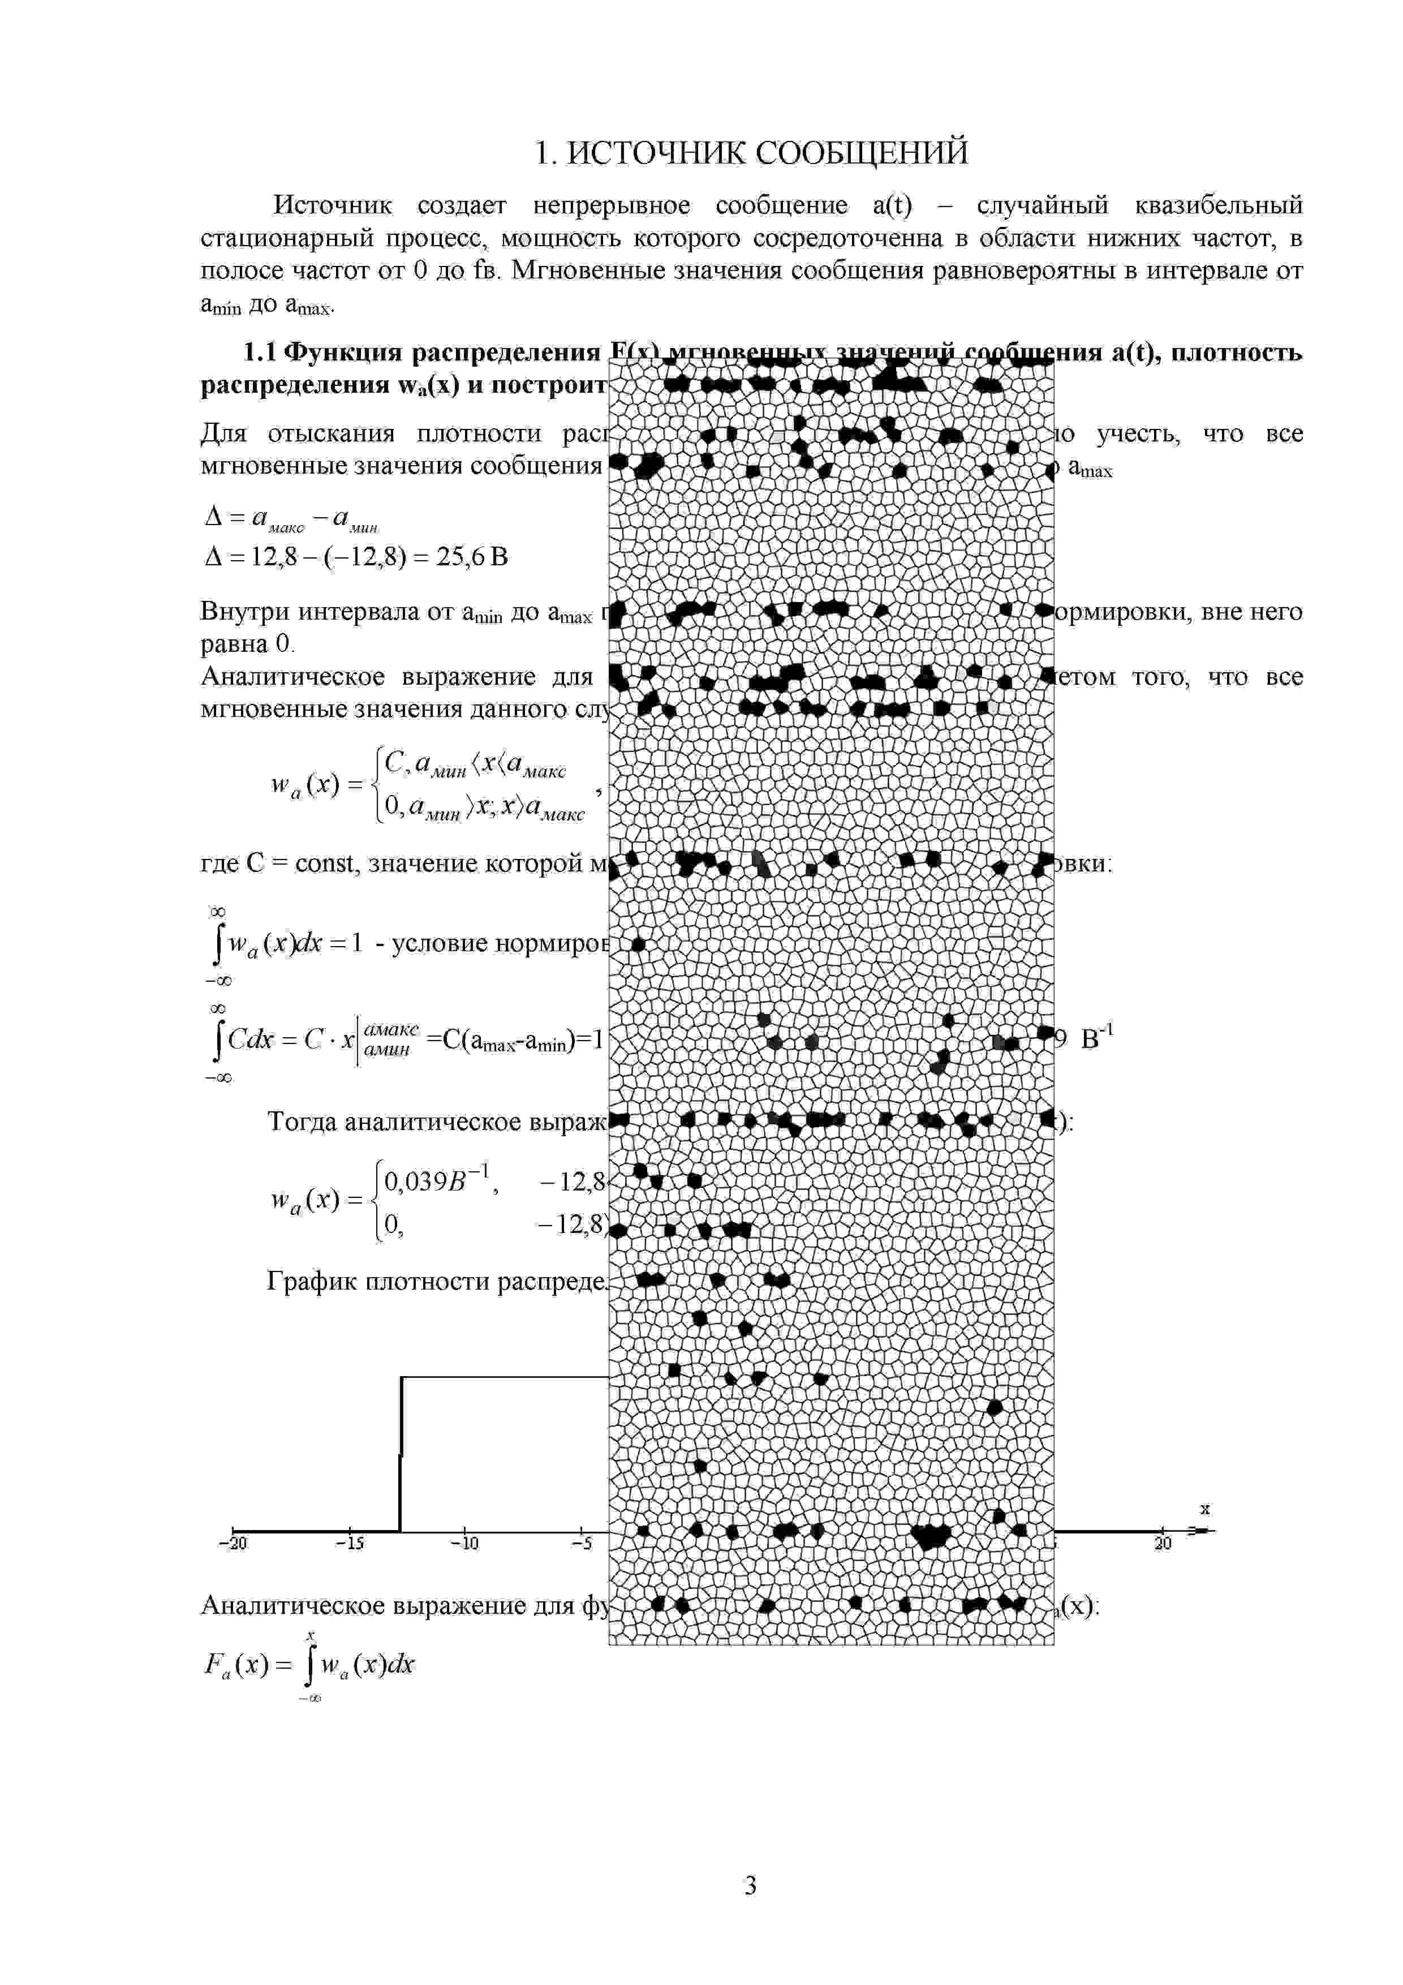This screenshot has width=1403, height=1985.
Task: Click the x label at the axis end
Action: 1205,1510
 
